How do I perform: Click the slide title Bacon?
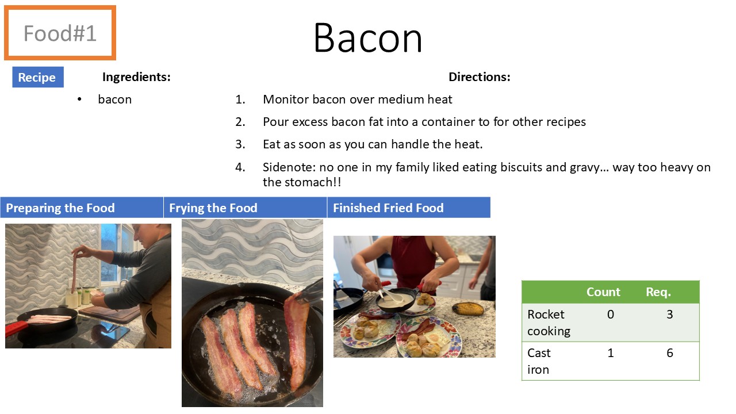pos(367,37)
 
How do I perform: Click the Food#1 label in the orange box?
pos(60,33)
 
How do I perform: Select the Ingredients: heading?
pos(136,77)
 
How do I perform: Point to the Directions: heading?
pos(480,77)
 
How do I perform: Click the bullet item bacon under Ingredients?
pos(114,99)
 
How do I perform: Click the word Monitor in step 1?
pos(286,99)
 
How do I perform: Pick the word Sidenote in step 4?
pos(289,167)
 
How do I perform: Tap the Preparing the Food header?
pos(60,208)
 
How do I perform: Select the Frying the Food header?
pos(213,208)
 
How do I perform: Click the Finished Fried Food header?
pos(388,208)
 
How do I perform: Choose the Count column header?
pos(603,292)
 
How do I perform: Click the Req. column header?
pos(658,292)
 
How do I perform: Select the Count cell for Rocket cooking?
pos(611,315)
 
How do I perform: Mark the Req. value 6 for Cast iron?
pos(670,353)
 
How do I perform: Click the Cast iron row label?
pos(539,361)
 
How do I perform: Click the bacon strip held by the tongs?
pos(297,339)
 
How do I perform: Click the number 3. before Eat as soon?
pos(240,144)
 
